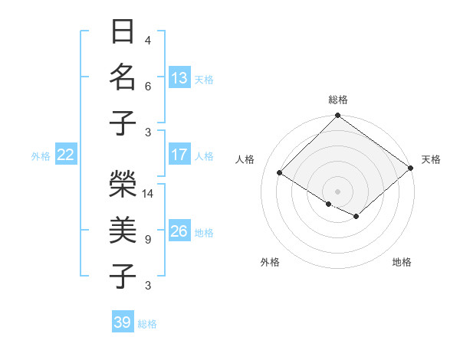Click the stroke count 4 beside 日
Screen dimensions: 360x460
[x=148, y=40]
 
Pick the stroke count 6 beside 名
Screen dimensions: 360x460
[x=148, y=87]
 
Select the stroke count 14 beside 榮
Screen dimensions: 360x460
[x=149, y=193]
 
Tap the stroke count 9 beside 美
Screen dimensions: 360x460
[x=148, y=240]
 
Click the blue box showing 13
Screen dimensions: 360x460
[x=179, y=77]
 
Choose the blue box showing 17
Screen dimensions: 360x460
[x=179, y=155]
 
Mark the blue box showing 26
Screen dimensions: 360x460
[x=179, y=231]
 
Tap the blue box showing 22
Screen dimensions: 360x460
[x=65, y=155]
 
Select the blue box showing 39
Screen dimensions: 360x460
[x=123, y=322]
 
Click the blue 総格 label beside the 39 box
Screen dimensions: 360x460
[x=147, y=324]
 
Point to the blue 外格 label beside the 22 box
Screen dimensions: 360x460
[x=41, y=156]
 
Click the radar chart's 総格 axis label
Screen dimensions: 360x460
[x=337, y=100]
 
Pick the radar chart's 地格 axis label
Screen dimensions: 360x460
[x=402, y=262]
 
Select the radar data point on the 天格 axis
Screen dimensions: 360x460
[x=411, y=168]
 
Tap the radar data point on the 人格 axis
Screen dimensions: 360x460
[x=280, y=173]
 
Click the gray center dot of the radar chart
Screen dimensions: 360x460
[x=337, y=191]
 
